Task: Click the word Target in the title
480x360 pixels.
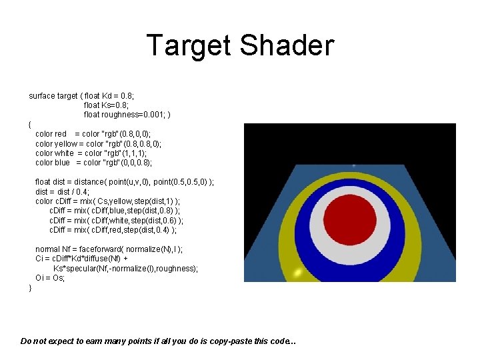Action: click(x=189, y=45)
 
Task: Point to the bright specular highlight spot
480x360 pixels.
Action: click(x=299, y=272)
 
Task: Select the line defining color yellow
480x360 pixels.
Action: click(x=98, y=143)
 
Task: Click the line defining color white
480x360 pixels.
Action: click(x=95, y=153)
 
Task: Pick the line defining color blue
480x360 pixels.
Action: click(x=93, y=162)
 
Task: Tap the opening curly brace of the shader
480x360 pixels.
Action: click(x=30, y=125)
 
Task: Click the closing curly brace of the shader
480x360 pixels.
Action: click(x=30, y=287)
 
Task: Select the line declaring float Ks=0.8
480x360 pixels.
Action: click(x=106, y=105)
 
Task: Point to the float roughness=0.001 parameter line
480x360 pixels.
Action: click(x=127, y=115)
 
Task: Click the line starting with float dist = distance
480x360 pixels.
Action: click(x=124, y=182)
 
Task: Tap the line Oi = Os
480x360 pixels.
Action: click(x=50, y=278)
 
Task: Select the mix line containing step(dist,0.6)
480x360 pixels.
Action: click(x=117, y=221)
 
